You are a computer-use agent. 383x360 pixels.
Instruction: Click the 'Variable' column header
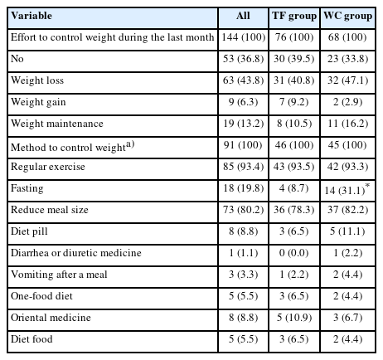click(32, 16)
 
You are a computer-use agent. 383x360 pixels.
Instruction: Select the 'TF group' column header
click(294, 16)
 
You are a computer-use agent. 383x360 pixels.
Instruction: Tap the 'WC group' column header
click(348, 16)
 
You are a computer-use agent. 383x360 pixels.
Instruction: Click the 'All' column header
click(243, 16)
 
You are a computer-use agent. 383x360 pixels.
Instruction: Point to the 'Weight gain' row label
click(38, 102)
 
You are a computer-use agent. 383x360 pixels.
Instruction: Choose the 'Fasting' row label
click(27, 188)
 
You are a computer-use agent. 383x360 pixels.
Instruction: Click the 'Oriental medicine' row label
click(51, 318)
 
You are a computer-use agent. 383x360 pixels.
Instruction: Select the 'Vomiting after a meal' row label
click(59, 275)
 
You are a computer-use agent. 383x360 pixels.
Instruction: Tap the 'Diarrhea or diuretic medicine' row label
click(76, 253)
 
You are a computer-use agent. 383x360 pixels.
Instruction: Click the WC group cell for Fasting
click(345, 191)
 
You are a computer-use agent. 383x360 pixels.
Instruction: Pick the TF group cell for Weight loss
click(294, 80)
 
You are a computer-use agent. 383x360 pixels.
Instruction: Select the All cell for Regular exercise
click(243, 167)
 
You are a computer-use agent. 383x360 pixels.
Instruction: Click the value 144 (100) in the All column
click(244, 37)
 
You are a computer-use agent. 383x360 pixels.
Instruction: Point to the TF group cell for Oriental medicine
click(294, 318)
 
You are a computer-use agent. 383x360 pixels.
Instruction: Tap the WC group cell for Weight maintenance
click(347, 124)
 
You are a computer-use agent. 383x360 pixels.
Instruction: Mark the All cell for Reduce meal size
click(243, 210)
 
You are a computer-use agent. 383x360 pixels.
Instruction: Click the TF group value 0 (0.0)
click(293, 253)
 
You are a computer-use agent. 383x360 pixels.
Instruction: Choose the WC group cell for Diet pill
click(347, 231)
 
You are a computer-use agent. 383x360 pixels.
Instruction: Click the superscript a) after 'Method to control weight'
click(130, 144)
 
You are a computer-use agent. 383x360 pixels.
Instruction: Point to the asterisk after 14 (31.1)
click(367, 185)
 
